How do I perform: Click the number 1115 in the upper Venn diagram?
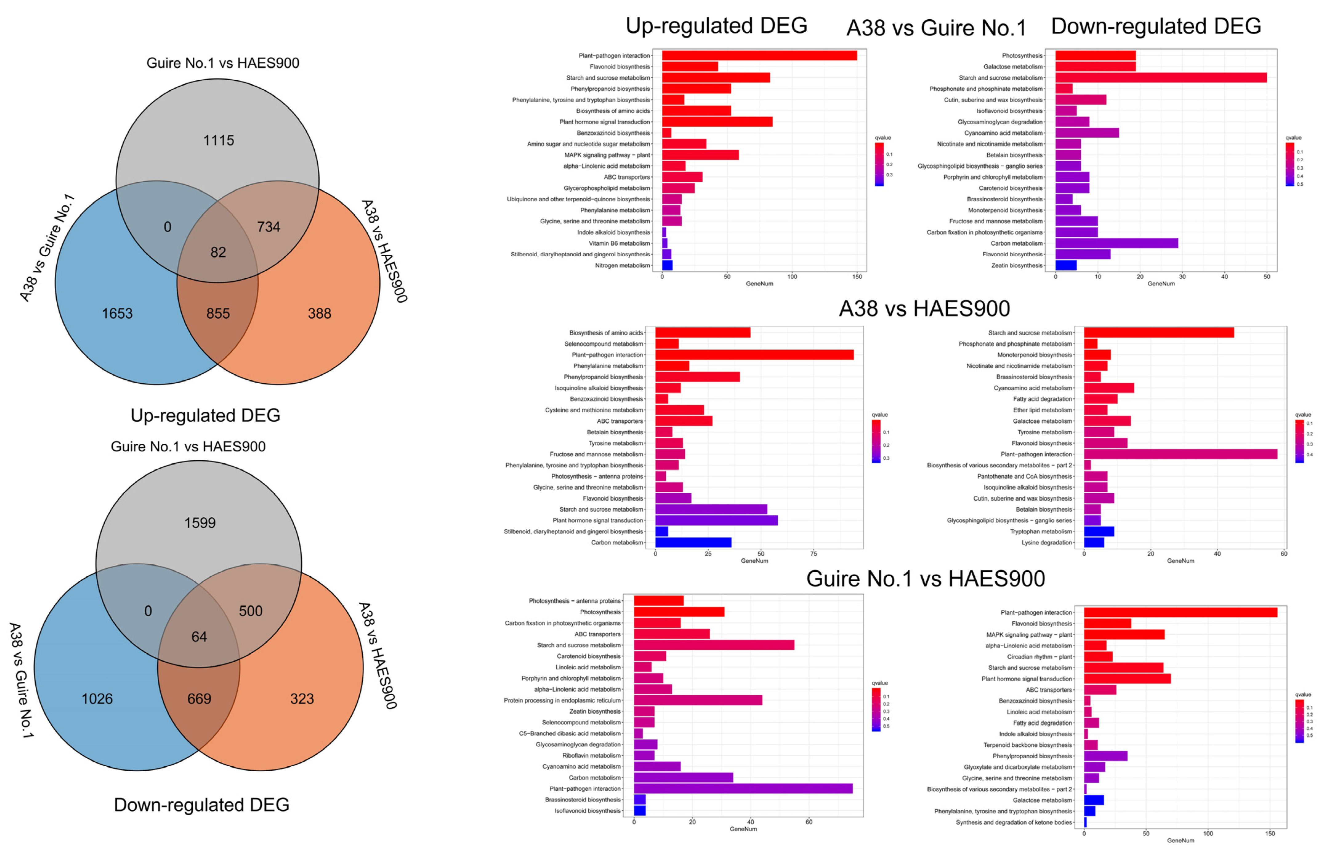tap(219, 140)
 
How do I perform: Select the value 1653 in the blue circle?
tap(117, 314)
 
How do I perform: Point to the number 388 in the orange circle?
tap(319, 314)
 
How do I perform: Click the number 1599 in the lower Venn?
tap(200, 523)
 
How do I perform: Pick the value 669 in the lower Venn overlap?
tap(199, 699)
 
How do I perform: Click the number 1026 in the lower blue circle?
tap(97, 699)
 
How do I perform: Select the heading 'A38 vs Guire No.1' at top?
tap(936, 28)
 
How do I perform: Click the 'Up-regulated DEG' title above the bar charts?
tap(716, 26)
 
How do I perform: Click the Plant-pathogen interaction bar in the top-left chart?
tap(759, 55)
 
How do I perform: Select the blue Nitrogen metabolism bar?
tap(667, 265)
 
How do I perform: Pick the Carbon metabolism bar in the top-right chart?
tap(1116, 243)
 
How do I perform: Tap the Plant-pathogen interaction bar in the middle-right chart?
tap(1180, 454)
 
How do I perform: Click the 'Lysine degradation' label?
tap(1046, 542)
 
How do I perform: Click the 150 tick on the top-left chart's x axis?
tap(857, 276)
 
